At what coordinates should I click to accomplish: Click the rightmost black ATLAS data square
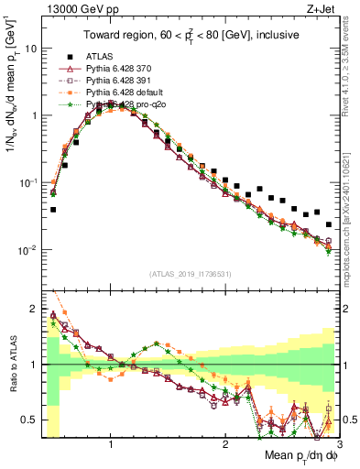coord(329,224)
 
